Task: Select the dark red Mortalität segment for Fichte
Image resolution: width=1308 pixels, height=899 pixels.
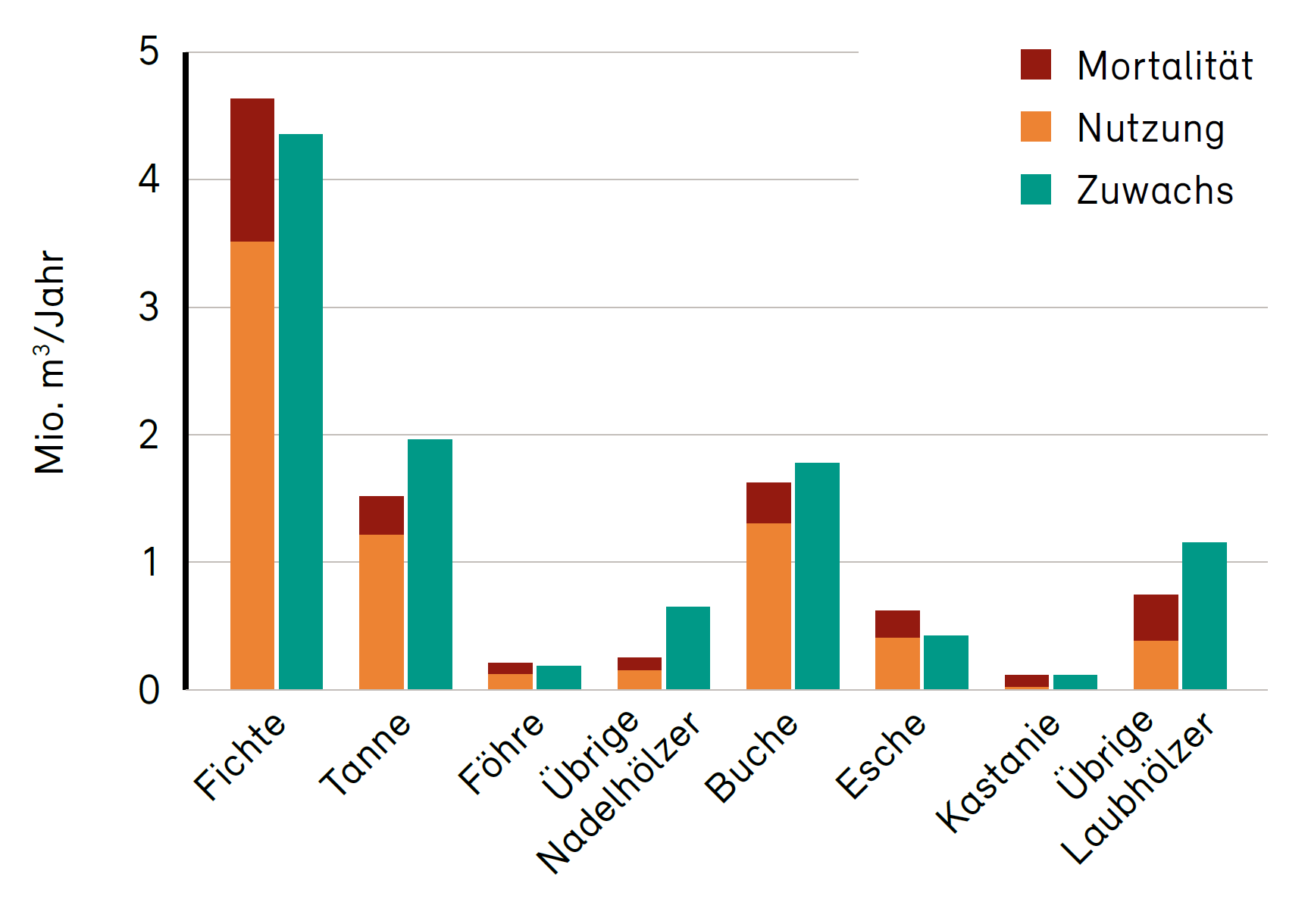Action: [x=252, y=170]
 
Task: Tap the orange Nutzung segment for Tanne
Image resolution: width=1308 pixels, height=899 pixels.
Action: [x=381, y=612]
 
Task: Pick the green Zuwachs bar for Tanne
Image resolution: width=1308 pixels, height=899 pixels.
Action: [x=430, y=564]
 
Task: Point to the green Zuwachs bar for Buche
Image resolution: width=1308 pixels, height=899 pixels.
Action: [x=817, y=576]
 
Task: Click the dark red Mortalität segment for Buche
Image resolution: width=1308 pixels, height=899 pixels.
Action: [x=768, y=503]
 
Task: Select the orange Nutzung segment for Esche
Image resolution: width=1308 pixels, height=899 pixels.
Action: [x=897, y=663]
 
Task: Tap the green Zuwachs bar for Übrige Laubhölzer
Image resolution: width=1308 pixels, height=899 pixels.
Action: [x=1204, y=616]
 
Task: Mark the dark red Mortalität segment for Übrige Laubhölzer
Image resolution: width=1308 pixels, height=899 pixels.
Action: [x=1156, y=617]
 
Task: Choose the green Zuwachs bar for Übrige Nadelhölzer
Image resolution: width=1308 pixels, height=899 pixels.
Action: [x=688, y=648]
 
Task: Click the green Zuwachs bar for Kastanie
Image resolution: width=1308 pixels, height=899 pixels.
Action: [x=1075, y=682]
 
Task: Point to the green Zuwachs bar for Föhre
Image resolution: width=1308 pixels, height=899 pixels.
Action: [x=559, y=677]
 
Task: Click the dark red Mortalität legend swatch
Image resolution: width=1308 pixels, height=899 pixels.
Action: [x=1036, y=65]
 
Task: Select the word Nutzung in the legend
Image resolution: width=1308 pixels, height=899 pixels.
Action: [x=1150, y=128]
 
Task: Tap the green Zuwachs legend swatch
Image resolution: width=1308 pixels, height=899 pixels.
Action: [x=1036, y=189]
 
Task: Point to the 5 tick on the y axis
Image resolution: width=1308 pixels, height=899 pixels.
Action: [x=149, y=52]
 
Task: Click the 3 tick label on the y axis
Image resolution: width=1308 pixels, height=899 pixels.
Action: [x=149, y=307]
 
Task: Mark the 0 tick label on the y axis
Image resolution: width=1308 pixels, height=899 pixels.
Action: [x=149, y=690]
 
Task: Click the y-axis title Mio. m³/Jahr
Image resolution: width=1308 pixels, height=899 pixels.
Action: [x=50, y=362]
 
